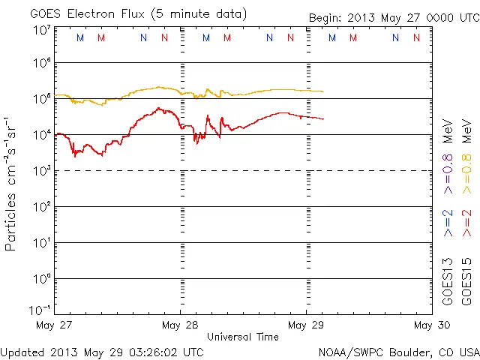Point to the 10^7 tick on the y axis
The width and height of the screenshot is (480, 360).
pos(42,30)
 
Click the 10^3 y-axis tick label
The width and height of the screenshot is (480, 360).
pos(42,170)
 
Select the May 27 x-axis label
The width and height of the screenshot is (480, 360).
pos(55,325)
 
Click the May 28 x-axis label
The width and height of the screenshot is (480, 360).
pos(181,325)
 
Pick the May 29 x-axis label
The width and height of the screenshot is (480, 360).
pos(306,325)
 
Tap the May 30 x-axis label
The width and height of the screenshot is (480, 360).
pos(431,325)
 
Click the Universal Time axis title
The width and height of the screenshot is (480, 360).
pos(243,337)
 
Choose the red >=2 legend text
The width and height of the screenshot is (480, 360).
pos(466,223)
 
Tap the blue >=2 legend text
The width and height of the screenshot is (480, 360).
pos(448,223)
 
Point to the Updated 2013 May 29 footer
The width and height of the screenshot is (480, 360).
pos(102,351)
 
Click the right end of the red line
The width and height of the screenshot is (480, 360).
pos(323,119)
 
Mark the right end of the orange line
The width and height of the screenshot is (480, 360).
pos(323,91)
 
